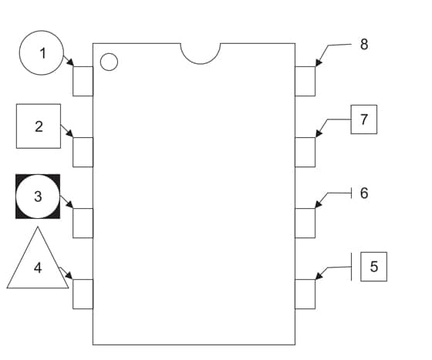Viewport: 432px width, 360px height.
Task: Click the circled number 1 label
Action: (x=42, y=53)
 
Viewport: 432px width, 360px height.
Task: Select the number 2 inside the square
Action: (x=39, y=126)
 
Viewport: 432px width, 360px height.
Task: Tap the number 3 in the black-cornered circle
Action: (x=38, y=197)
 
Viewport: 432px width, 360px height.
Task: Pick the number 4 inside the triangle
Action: (x=38, y=267)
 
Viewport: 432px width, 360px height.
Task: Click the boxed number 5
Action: (x=374, y=267)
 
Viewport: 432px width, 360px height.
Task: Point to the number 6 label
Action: (x=364, y=193)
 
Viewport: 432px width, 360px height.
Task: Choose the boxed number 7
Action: (x=364, y=119)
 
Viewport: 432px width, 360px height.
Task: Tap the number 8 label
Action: (x=364, y=44)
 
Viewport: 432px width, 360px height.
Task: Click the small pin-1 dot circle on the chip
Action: (x=109, y=62)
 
